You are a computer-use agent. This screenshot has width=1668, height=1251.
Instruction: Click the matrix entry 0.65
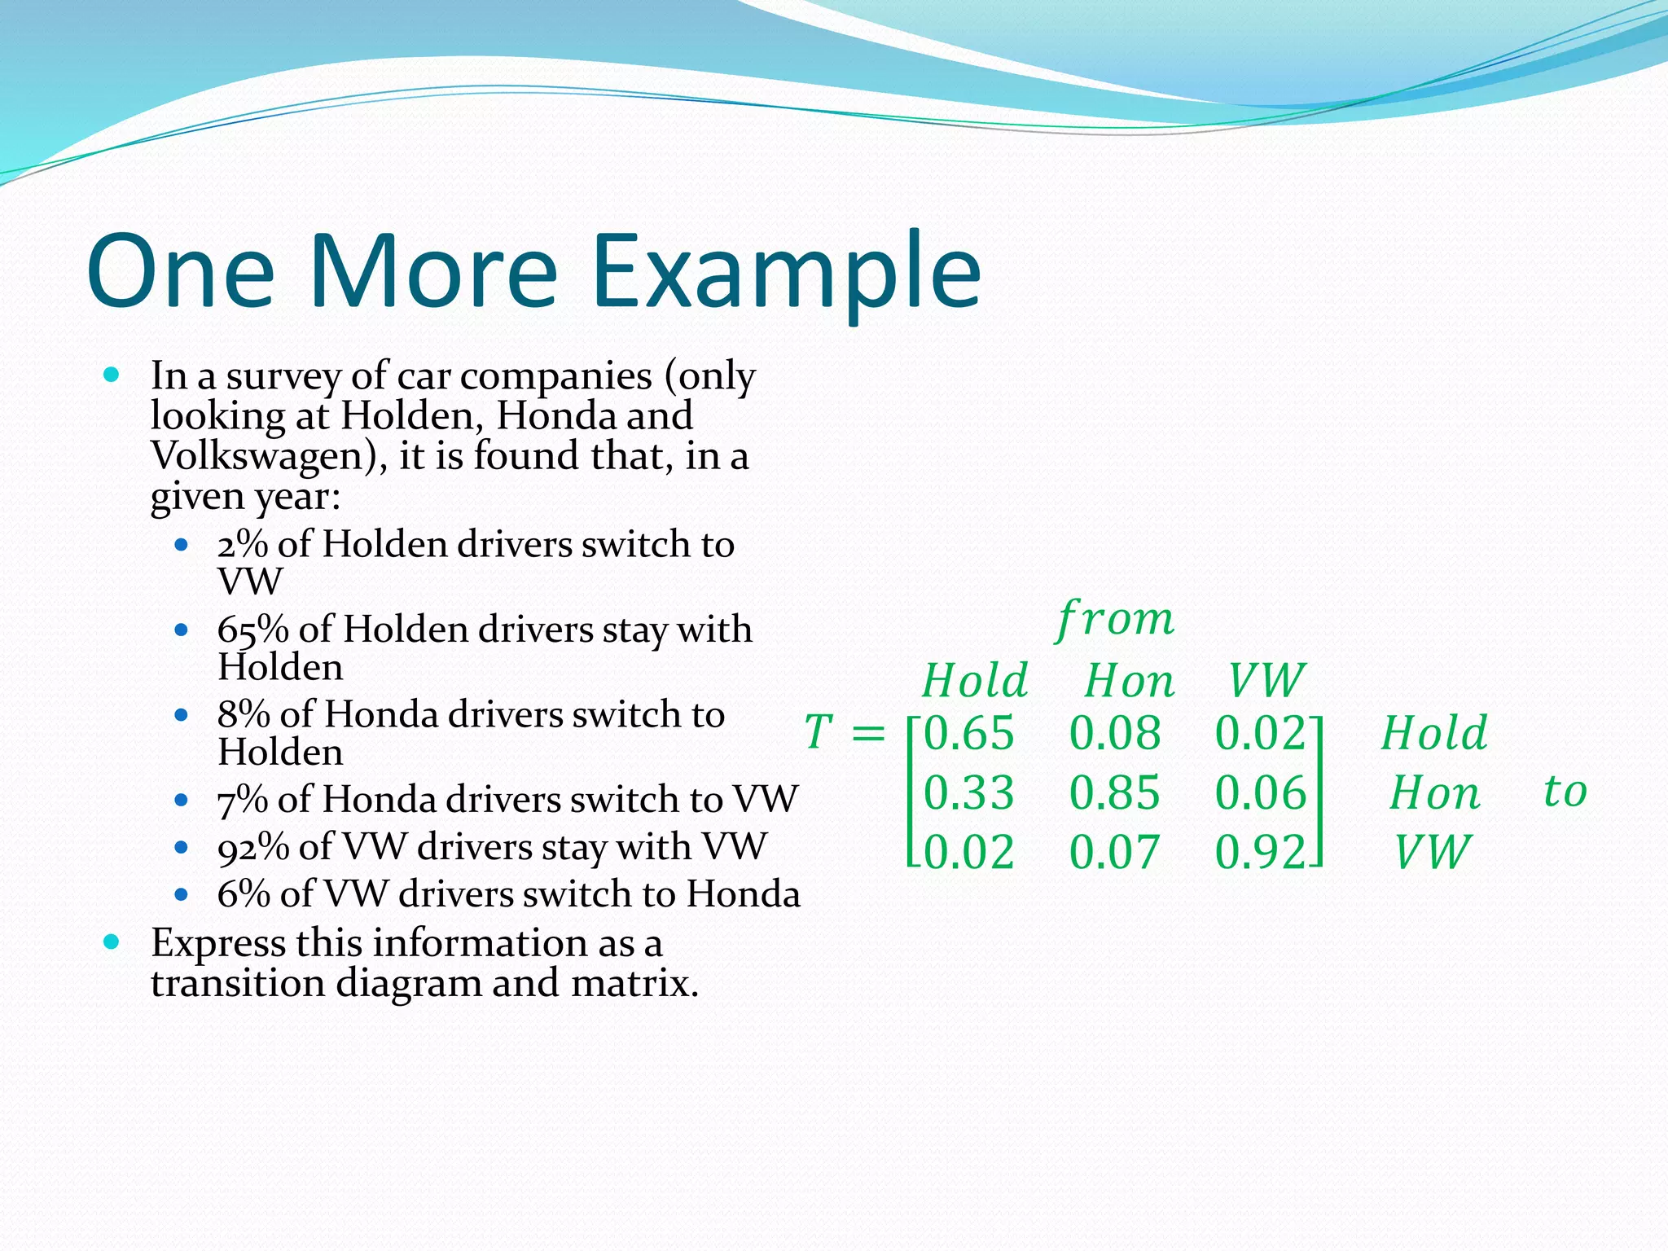click(968, 733)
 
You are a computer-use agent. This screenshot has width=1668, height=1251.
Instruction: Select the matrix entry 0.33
click(968, 792)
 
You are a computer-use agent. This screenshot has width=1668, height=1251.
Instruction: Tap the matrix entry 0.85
click(1114, 792)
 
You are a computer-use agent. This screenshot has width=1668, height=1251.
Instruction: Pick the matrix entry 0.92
click(1260, 853)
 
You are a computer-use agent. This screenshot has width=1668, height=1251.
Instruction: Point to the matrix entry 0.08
click(1114, 733)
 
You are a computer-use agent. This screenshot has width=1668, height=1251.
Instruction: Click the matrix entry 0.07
click(1114, 853)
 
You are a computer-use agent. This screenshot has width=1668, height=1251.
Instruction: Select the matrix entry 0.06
click(1260, 792)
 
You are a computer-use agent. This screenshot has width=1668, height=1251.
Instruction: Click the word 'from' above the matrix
click(1115, 621)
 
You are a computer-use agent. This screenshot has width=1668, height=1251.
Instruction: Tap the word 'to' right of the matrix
click(1565, 791)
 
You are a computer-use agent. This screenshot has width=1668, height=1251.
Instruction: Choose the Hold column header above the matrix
click(975, 681)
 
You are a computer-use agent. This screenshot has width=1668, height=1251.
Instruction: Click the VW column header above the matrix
click(1266, 681)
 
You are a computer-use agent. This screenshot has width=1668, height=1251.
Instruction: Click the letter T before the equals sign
click(819, 732)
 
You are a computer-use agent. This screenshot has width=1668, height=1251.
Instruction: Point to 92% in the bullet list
click(252, 847)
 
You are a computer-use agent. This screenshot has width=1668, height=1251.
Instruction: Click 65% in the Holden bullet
click(252, 630)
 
